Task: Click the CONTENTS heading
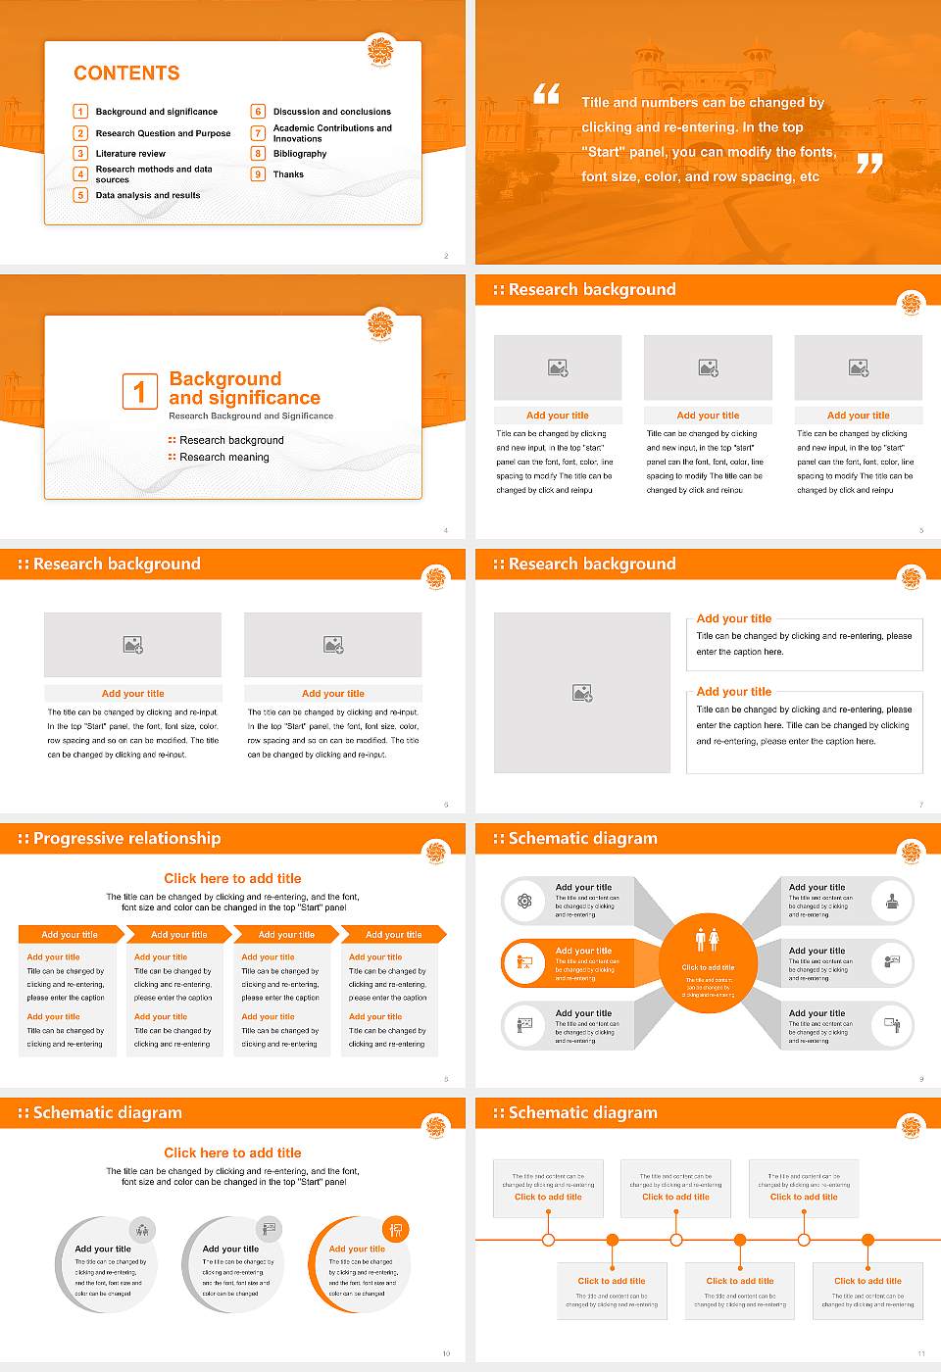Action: (126, 73)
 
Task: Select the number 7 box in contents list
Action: (258, 133)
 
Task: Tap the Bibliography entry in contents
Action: (300, 154)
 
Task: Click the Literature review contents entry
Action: (130, 154)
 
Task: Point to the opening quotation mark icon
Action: (546, 94)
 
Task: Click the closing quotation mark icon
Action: (869, 164)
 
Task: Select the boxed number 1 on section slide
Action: (139, 391)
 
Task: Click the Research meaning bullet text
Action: (223, 458)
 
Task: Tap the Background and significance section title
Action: (244, 388)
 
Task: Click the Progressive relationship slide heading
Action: (126, 839)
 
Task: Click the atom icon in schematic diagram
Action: (524, 901)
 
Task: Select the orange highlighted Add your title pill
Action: (578, 963)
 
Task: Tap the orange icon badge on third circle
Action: (396, 1229)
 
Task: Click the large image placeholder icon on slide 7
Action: (582, 693)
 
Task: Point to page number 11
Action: (920, 1353)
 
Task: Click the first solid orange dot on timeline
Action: (613, 1240)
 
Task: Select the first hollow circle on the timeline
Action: (548, 1240)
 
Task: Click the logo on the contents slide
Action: (380, 50)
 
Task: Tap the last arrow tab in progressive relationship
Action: (394, 935)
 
